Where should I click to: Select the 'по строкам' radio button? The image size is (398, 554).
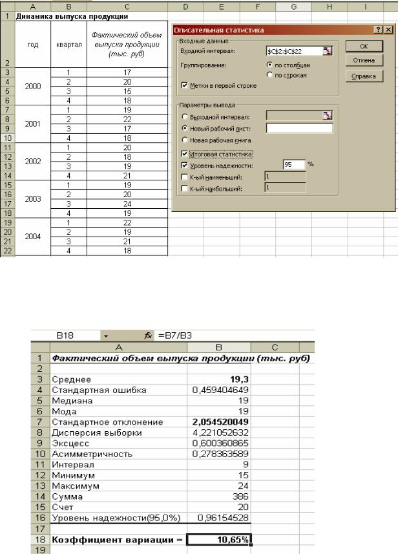(269, 75)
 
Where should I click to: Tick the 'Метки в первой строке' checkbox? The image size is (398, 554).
(185, 85)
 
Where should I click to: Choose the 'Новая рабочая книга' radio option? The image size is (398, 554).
(185, 140)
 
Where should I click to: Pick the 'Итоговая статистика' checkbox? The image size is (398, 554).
(185, 154)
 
